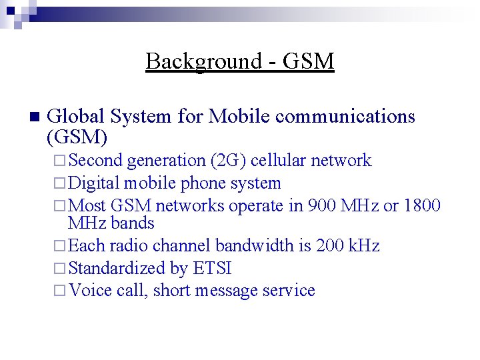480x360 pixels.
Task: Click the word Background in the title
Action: pos(203,61)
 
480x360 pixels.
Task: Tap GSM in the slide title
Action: pos(308,61)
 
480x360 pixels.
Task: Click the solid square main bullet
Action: pos(35,117)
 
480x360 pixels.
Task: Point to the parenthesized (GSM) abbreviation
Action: pos(77,137)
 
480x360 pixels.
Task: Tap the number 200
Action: pos(331,246)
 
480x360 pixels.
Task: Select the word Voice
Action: pos(90,291)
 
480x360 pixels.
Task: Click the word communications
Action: pos(345,117)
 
